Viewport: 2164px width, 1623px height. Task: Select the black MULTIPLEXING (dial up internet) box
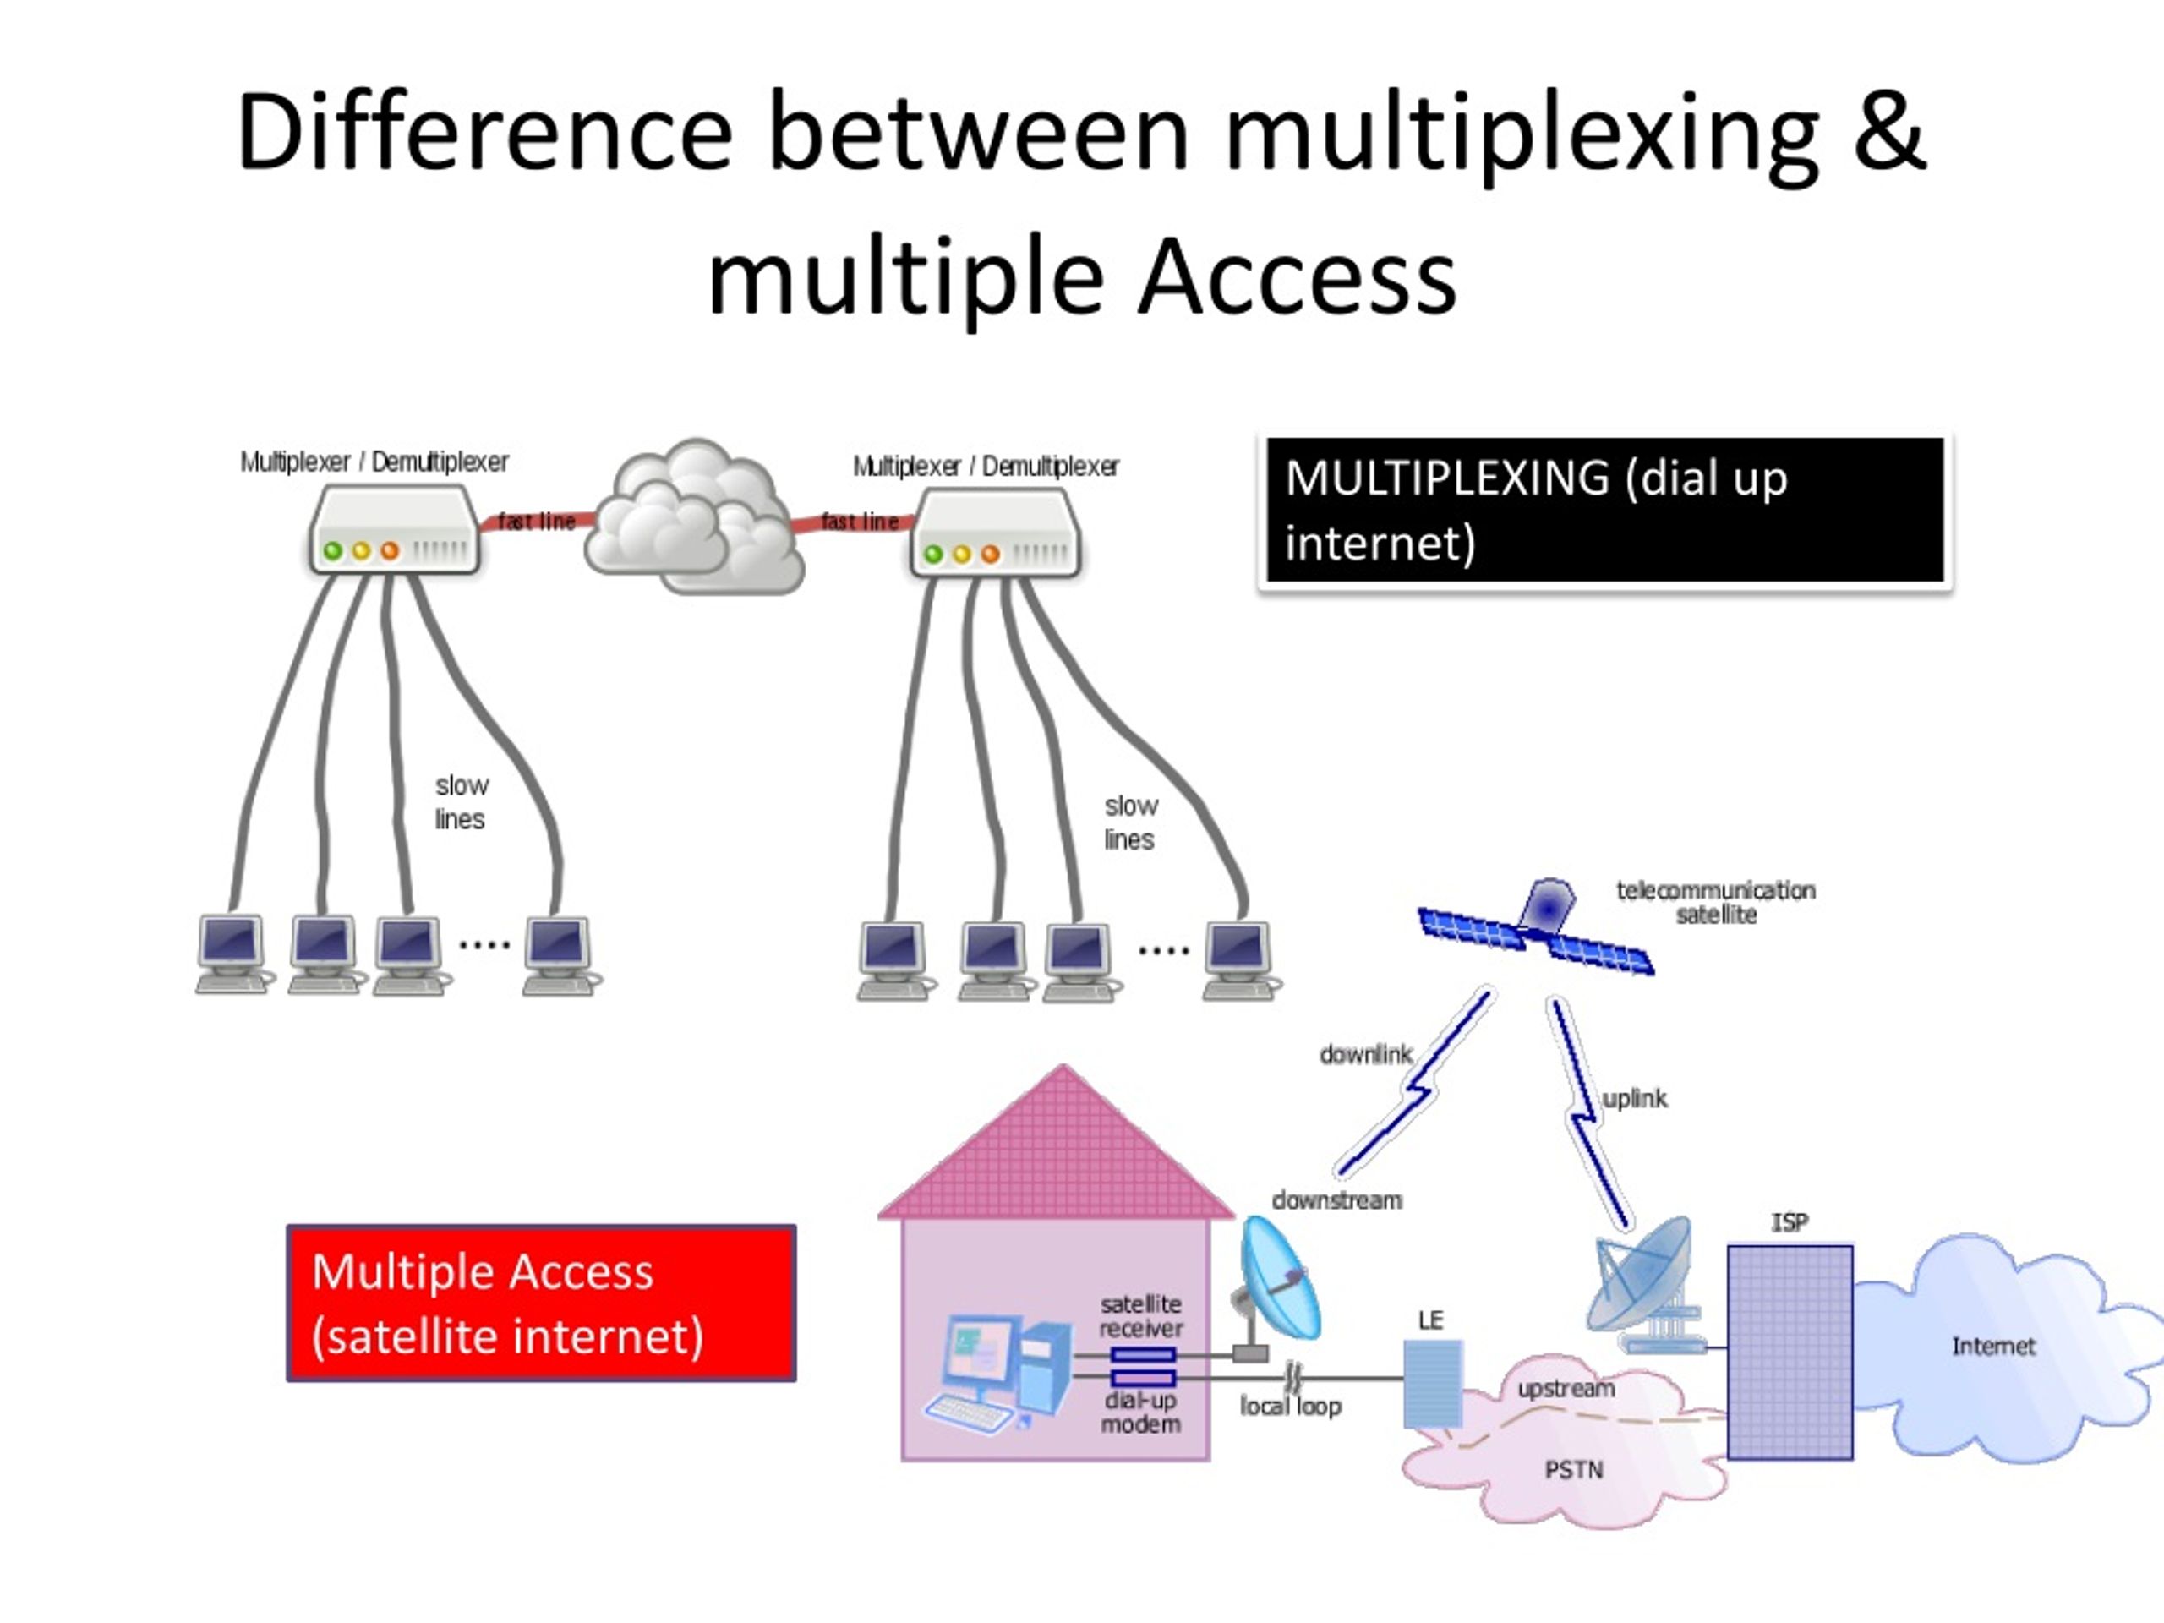1604,511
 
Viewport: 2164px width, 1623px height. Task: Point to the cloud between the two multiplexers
694,518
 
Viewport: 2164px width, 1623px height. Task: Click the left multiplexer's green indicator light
332,551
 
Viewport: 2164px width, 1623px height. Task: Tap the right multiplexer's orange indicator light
990,555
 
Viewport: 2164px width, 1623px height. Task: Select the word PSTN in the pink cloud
1573,1469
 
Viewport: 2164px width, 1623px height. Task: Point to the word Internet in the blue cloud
1992,1346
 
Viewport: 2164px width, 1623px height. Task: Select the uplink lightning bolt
1585,1115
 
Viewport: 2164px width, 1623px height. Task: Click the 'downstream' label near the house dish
1336,1200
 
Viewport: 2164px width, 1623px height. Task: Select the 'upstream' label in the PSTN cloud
1566,1388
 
